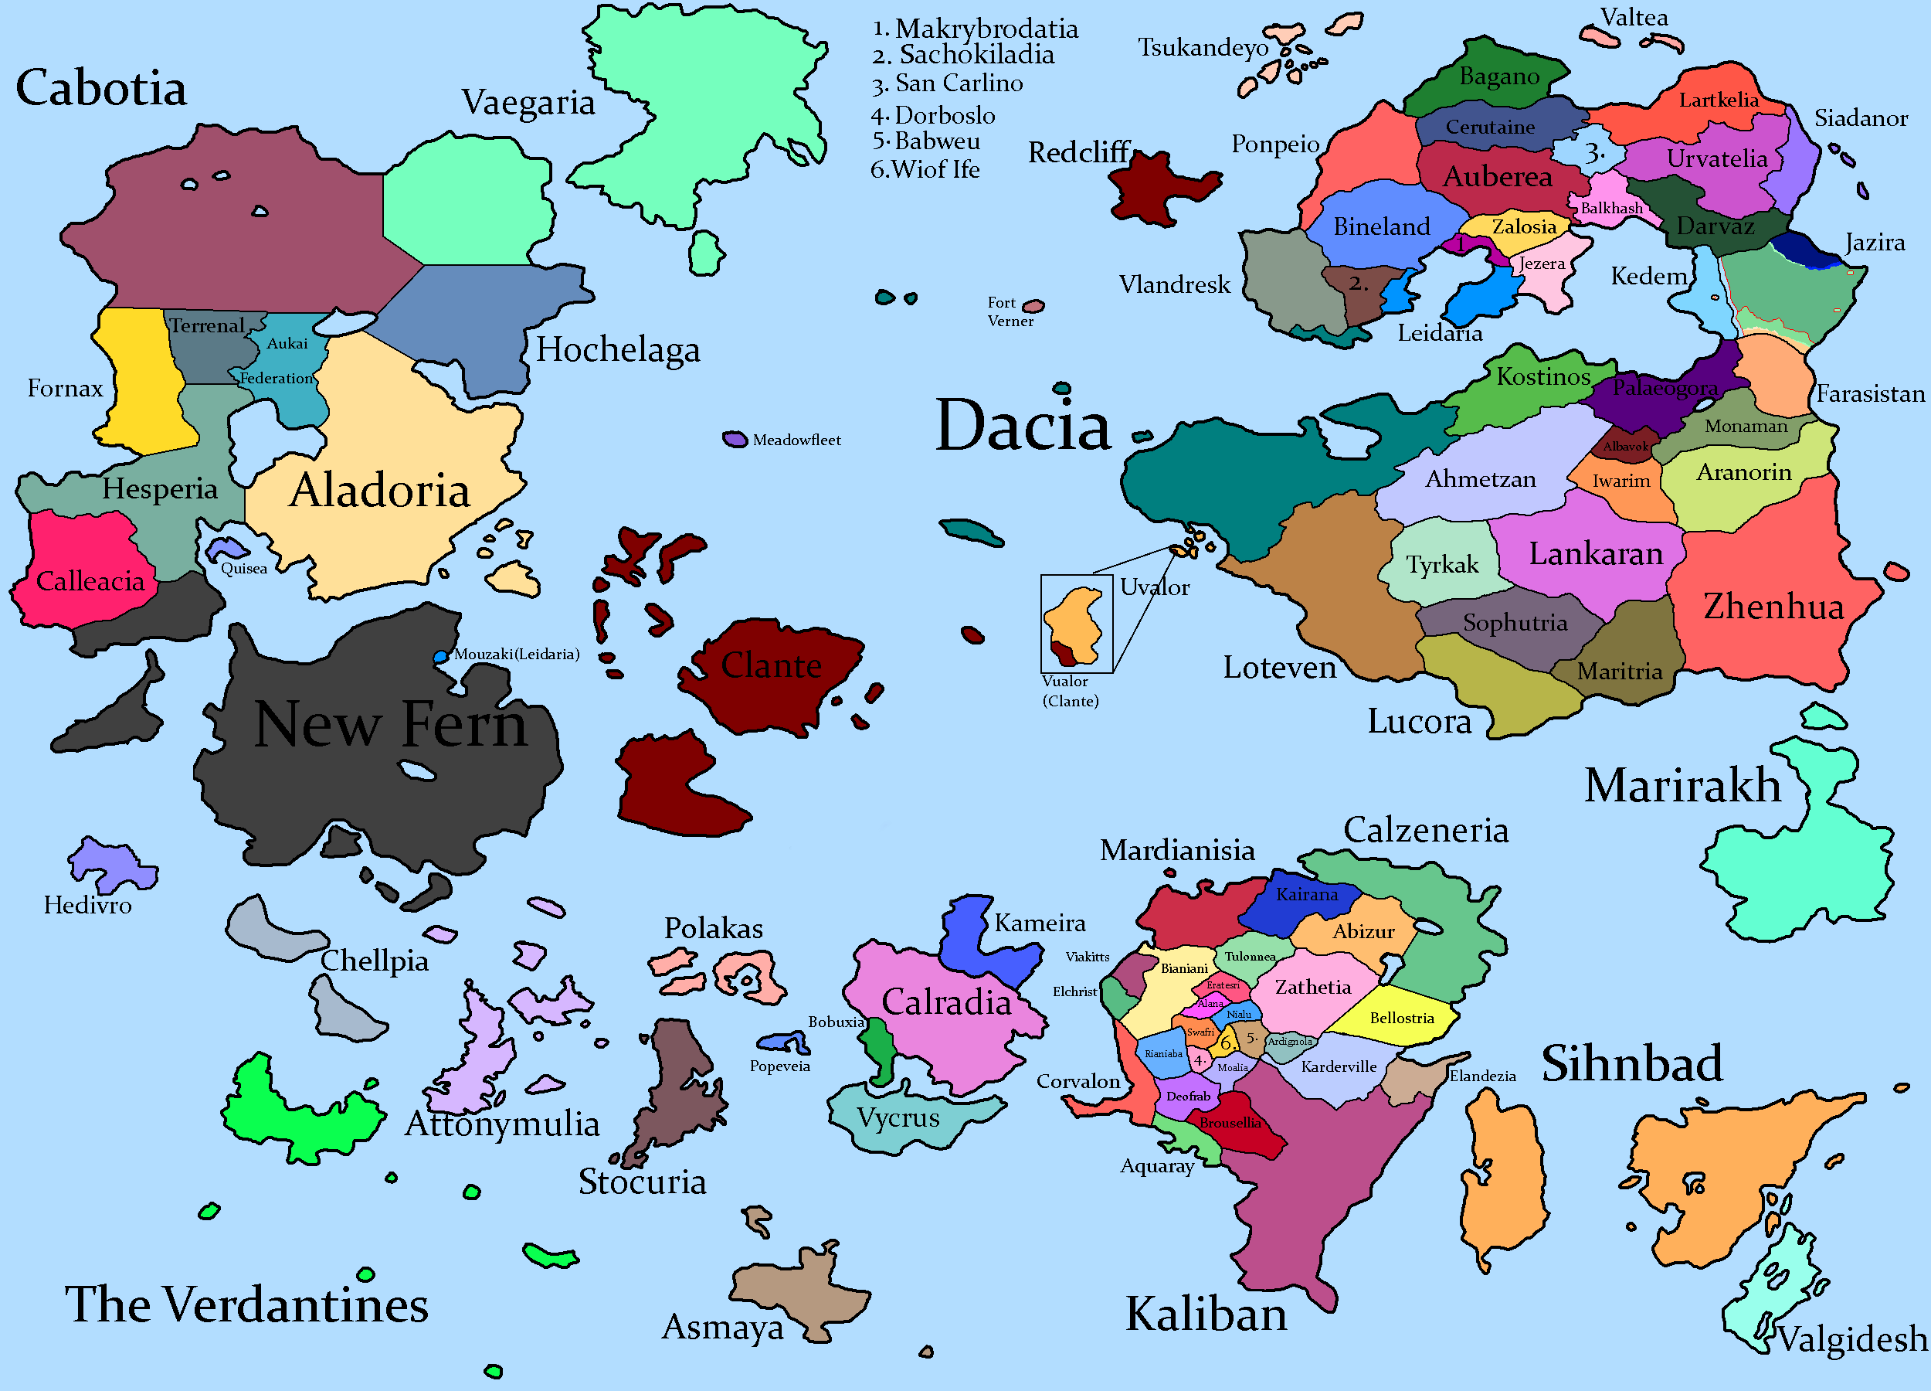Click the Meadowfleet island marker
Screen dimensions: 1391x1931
tap(734, 440)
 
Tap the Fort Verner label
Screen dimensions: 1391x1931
tap(1010, 311)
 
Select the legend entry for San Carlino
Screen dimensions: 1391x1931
tap(948, 83)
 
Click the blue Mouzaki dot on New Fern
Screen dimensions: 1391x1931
tap(440, 657)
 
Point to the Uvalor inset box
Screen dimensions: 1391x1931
tap(1076, 623)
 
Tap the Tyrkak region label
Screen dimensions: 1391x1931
tap(1441, 565)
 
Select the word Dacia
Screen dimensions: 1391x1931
tap(1023, 425)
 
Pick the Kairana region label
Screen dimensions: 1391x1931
tap(1306, 894)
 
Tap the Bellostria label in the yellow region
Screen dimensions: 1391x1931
tap(1401, 1018)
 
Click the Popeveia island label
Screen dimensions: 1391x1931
tap(779, 1066)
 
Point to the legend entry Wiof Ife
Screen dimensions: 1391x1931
tap(925, 169)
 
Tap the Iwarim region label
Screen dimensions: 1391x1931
tap(1621, 481)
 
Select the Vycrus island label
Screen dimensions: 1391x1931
tap(898, 1117)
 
